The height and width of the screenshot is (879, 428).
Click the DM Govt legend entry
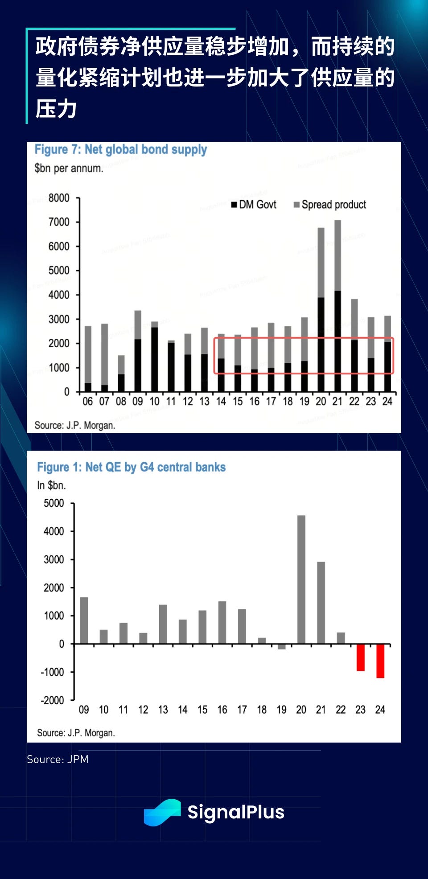[x=254, y=205]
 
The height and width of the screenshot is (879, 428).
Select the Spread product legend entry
[x=330, y=205]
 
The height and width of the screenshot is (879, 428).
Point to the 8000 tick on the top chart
[x=59, y=198]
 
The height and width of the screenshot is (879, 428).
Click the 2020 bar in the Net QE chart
[x=301, y=579]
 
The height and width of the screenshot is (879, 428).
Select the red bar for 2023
[x=361, y=657]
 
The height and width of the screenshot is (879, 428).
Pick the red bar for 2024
[x=380, y=661]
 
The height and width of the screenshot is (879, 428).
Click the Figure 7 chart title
[x=121, y=149]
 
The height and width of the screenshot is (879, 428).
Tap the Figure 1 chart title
[x=131, y=467]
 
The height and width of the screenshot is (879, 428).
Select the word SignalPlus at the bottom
[x=236, y=812]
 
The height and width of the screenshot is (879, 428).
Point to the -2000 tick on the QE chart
[x=53, y=700]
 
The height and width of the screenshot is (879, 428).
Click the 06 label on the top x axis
[x=87, y=402]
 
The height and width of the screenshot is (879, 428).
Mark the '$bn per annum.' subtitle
[x=69, y=168]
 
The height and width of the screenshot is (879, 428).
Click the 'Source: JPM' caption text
[x=58, y=760]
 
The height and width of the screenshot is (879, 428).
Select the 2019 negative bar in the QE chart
[x=282, y=647]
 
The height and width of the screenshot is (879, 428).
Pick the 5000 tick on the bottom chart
[x=54, y=503]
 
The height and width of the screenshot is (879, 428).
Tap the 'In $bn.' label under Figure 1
[x=51, y=485]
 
